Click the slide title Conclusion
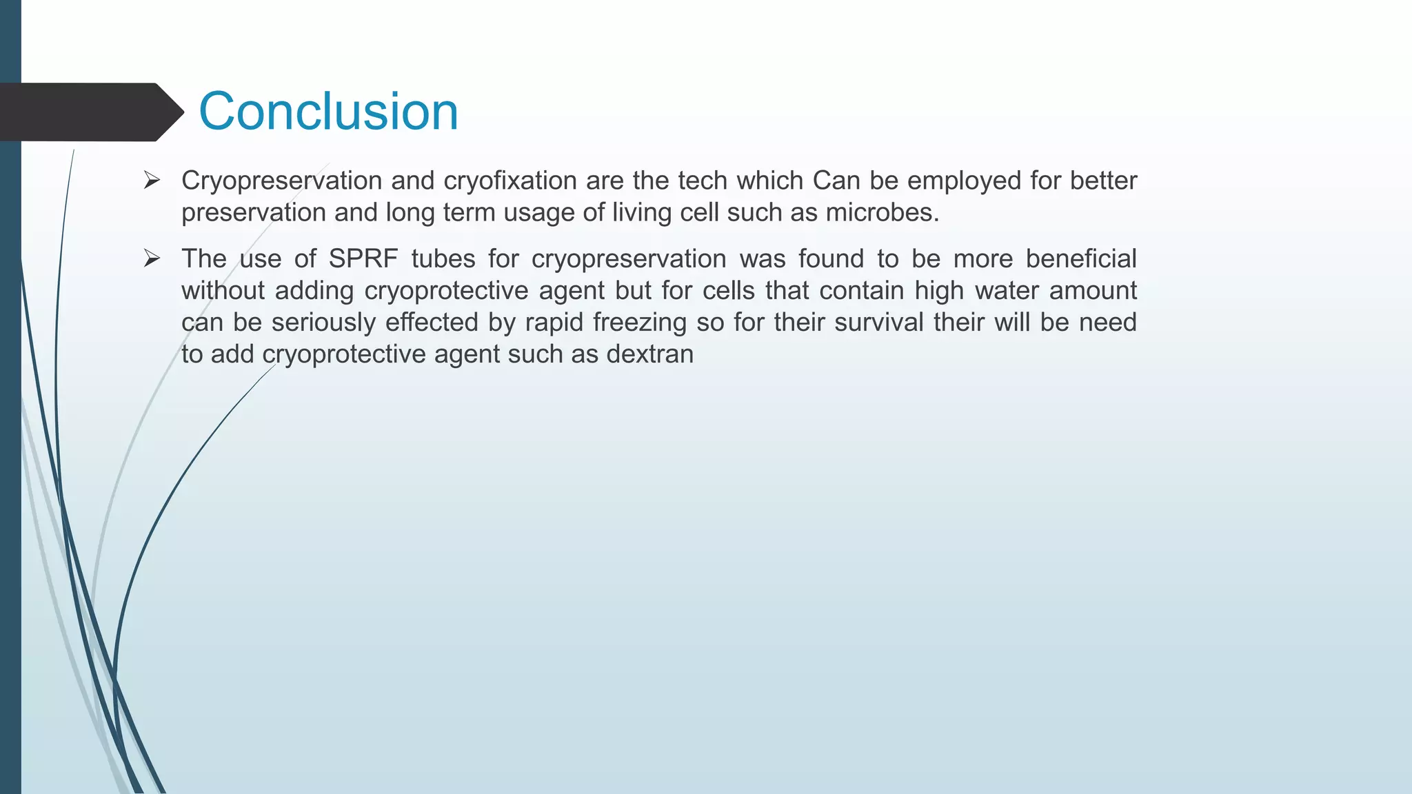328,112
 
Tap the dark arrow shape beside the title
90,112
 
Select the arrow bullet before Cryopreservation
152,181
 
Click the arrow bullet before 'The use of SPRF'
152,259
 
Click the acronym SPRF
363,259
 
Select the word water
1007,291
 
